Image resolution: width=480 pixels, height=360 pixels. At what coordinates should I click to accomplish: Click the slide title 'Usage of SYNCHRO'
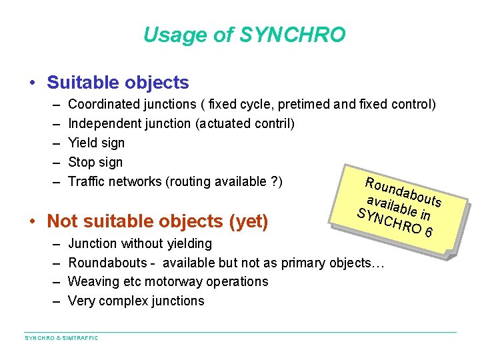point(245,35)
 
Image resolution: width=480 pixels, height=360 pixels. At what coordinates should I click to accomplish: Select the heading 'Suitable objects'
point(118,83)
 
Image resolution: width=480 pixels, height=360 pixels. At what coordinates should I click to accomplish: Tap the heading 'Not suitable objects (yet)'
point(158,221)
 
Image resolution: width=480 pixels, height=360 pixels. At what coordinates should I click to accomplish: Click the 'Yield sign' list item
point(96,143)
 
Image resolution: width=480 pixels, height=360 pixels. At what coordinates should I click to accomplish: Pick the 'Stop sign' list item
point(95,162)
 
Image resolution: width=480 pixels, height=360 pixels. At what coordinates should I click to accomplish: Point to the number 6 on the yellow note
point(430,232)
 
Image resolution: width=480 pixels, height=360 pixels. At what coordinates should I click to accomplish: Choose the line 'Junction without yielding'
point(140,244)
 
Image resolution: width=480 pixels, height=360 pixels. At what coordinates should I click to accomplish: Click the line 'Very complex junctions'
point(136,301)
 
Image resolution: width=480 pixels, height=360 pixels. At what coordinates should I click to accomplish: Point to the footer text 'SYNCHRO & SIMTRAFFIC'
point(61,339)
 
